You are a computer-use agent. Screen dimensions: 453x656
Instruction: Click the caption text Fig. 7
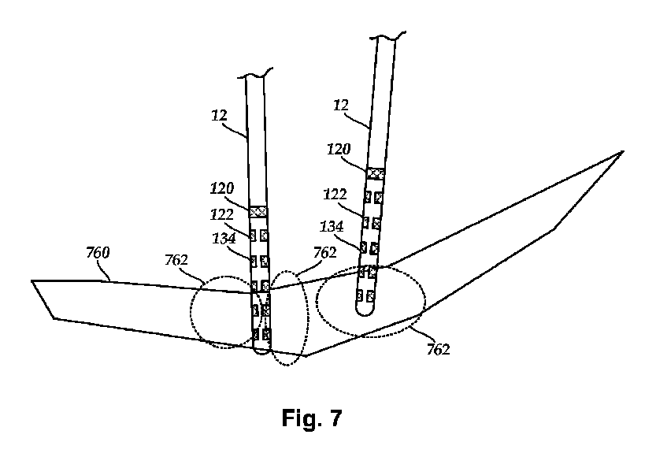pyautogui.click(x=312, y=419)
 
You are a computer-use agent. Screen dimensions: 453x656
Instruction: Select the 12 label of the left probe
pyautogui.click(x=220, y=115)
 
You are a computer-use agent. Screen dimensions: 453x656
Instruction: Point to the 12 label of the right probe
pyautogui.click(x=343, y=104)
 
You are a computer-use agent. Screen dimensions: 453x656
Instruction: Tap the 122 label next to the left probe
pyautogui.click(x=222, y=214)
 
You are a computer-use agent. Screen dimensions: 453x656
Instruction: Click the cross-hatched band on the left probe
pyautogui.click(x=258, y=211)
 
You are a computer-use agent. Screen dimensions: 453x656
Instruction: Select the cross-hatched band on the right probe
pyautogui.click(x=376, y=173)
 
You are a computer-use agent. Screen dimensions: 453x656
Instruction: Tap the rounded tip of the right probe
pyautogui.click(x=364, y=312)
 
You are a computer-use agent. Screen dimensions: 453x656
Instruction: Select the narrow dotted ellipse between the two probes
pyautogui.click(x=289, y=319)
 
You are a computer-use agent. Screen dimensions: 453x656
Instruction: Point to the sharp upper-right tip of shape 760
pyautogui.click(x=623, y=151)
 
